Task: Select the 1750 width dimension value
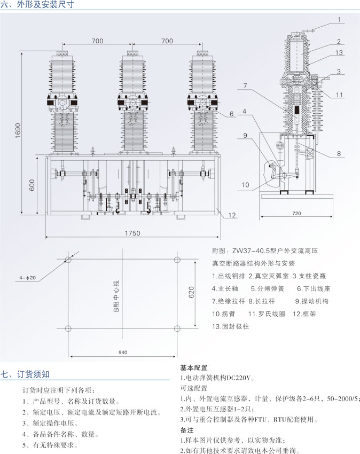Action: [x=133, y=233]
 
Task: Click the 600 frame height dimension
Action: [x=32, y=185]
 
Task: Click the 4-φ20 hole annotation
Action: [x=27, y=278]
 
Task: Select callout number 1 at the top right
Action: [x=339, y=20]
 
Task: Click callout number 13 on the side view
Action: [x=339, y=52]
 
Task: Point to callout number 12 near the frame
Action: [x=232, y=215]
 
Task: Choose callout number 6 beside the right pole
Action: [x=232, y=114]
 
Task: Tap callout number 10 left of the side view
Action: [x=245, y=185]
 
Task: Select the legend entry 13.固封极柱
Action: [x=231, y=326]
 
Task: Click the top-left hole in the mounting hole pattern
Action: [x=67, y=260]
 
